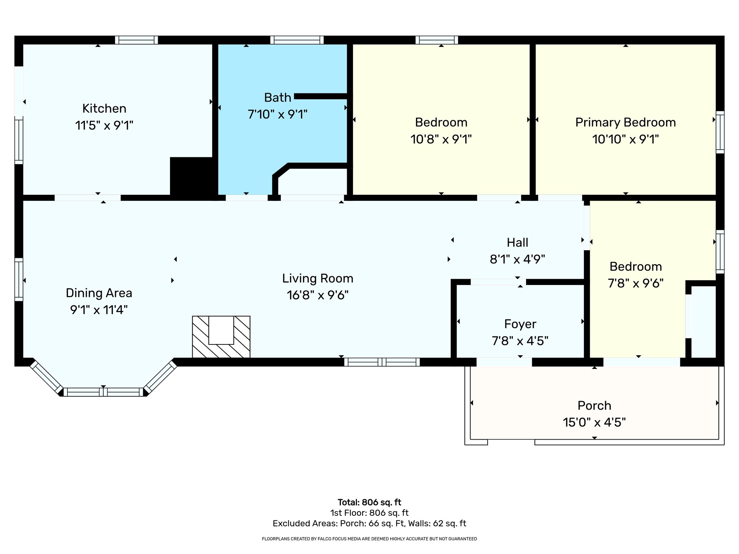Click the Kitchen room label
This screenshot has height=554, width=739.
point(104,109)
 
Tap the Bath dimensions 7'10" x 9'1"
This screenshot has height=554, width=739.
point(277,115)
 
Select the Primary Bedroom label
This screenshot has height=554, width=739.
point(625,123)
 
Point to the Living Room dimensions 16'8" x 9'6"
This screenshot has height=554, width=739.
point(318,295)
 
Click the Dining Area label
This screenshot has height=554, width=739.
point(99,293)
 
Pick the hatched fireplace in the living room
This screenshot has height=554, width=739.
point(221,337)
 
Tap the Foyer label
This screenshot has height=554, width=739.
point(520,324)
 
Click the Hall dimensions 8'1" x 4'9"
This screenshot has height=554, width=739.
point(517,259)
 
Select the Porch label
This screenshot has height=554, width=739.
point(594,406)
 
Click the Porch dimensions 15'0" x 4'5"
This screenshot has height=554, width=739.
point(594,422)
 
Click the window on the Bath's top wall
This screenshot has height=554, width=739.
point(297,40)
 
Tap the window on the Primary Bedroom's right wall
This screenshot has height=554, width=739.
point(720,132)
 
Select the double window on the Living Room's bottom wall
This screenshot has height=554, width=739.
point(382,362)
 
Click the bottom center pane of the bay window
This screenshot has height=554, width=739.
point(104,392)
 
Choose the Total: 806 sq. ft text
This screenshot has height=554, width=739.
point(369,502)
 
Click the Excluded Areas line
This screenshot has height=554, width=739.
point(369,523)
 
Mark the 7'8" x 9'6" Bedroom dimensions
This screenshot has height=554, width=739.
point(635,283)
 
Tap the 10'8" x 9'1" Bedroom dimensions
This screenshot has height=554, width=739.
point(441,139)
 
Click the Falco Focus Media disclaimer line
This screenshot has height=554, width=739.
point(369,539)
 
